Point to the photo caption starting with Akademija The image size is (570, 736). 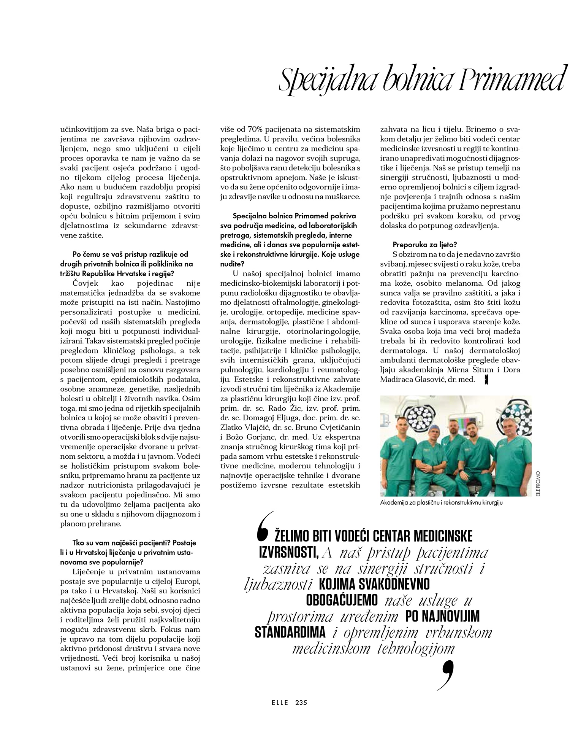441,502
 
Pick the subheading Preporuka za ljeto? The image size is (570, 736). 418,244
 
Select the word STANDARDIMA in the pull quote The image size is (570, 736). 290,632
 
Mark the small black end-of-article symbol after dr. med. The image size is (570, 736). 486,380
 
